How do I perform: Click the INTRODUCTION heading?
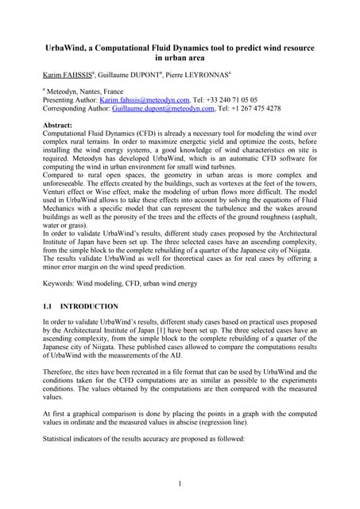(x=93, y=305)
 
